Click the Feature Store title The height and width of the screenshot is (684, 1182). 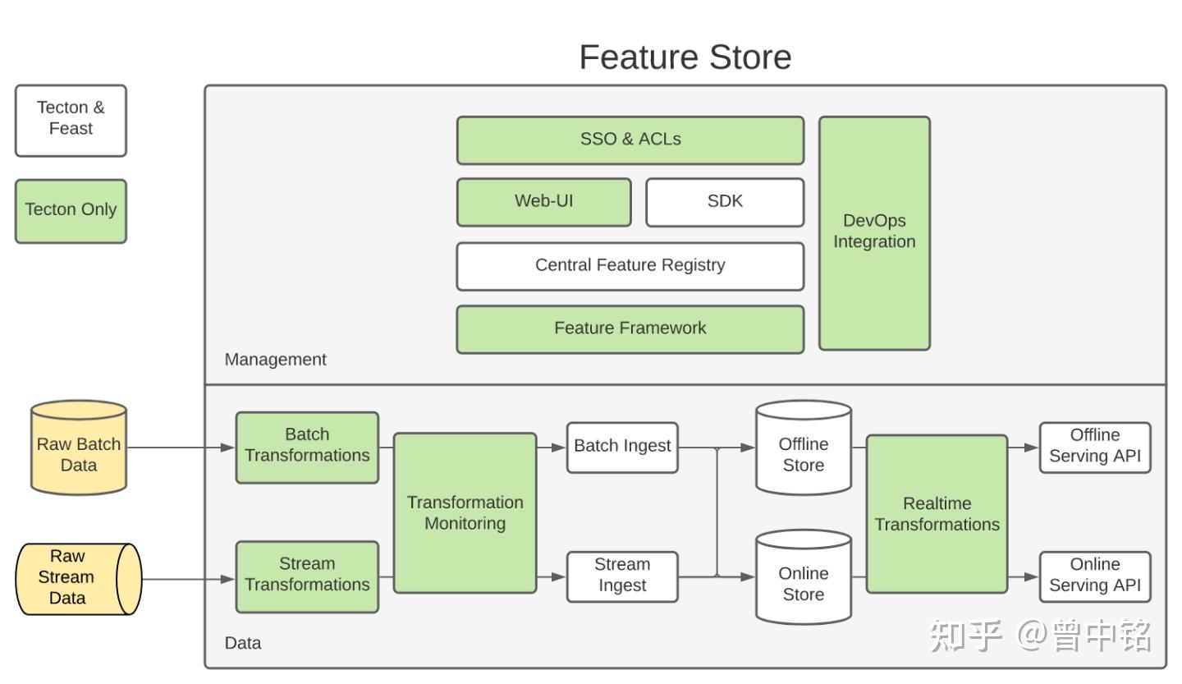coord(685,57)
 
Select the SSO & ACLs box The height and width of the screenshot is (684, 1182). coord(630,140)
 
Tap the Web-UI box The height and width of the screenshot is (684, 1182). coord(543,202)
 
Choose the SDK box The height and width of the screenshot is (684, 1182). coord(725,202)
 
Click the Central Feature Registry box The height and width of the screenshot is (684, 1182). coord(630,266)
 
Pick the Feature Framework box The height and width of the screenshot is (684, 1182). coord(630,329)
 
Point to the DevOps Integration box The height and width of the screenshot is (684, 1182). coord(874,233)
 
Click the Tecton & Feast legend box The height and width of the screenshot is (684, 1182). coord(71,121)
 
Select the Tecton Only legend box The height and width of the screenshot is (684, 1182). coord(71,211)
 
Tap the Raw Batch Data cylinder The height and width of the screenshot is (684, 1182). coord(79,448)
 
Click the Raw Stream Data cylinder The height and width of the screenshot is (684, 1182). coord(79,579)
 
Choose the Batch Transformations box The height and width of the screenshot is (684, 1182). coord(307,448)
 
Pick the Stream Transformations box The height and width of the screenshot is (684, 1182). coord(307,577)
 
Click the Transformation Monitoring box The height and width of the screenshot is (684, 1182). coord(465,513)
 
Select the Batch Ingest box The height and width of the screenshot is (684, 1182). coord(622,448)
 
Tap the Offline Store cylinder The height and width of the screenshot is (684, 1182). coord(803,448)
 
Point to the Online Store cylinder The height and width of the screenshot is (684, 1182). coord(803,577)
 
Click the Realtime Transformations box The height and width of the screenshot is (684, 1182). coord(937,514)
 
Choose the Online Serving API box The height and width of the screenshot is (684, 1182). coord(1095,577)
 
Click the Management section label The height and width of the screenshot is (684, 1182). coord(276,360)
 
